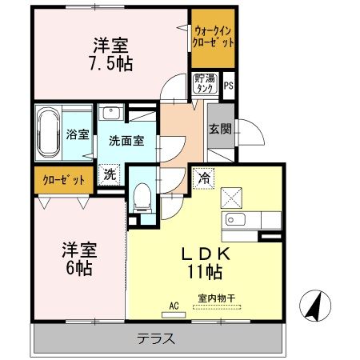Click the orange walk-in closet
pos(213,38)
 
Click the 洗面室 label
pos(126,141)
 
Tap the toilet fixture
pos(143,195)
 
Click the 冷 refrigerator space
pos(204,178)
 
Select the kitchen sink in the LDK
pos(238,221)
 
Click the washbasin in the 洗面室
pos(111,112)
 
